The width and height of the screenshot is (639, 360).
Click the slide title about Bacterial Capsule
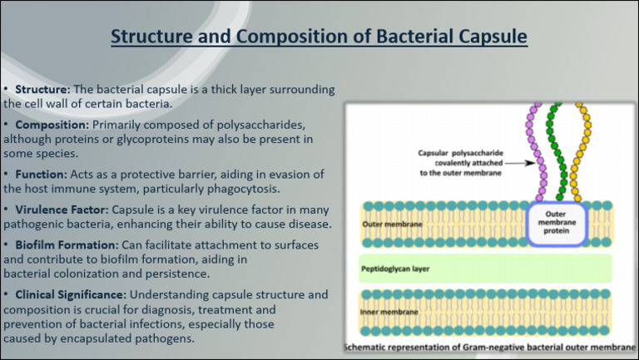tap(319, 37)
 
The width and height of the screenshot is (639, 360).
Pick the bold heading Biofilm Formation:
tap(67, 245)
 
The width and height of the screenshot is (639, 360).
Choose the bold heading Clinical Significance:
tap(72, 295)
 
